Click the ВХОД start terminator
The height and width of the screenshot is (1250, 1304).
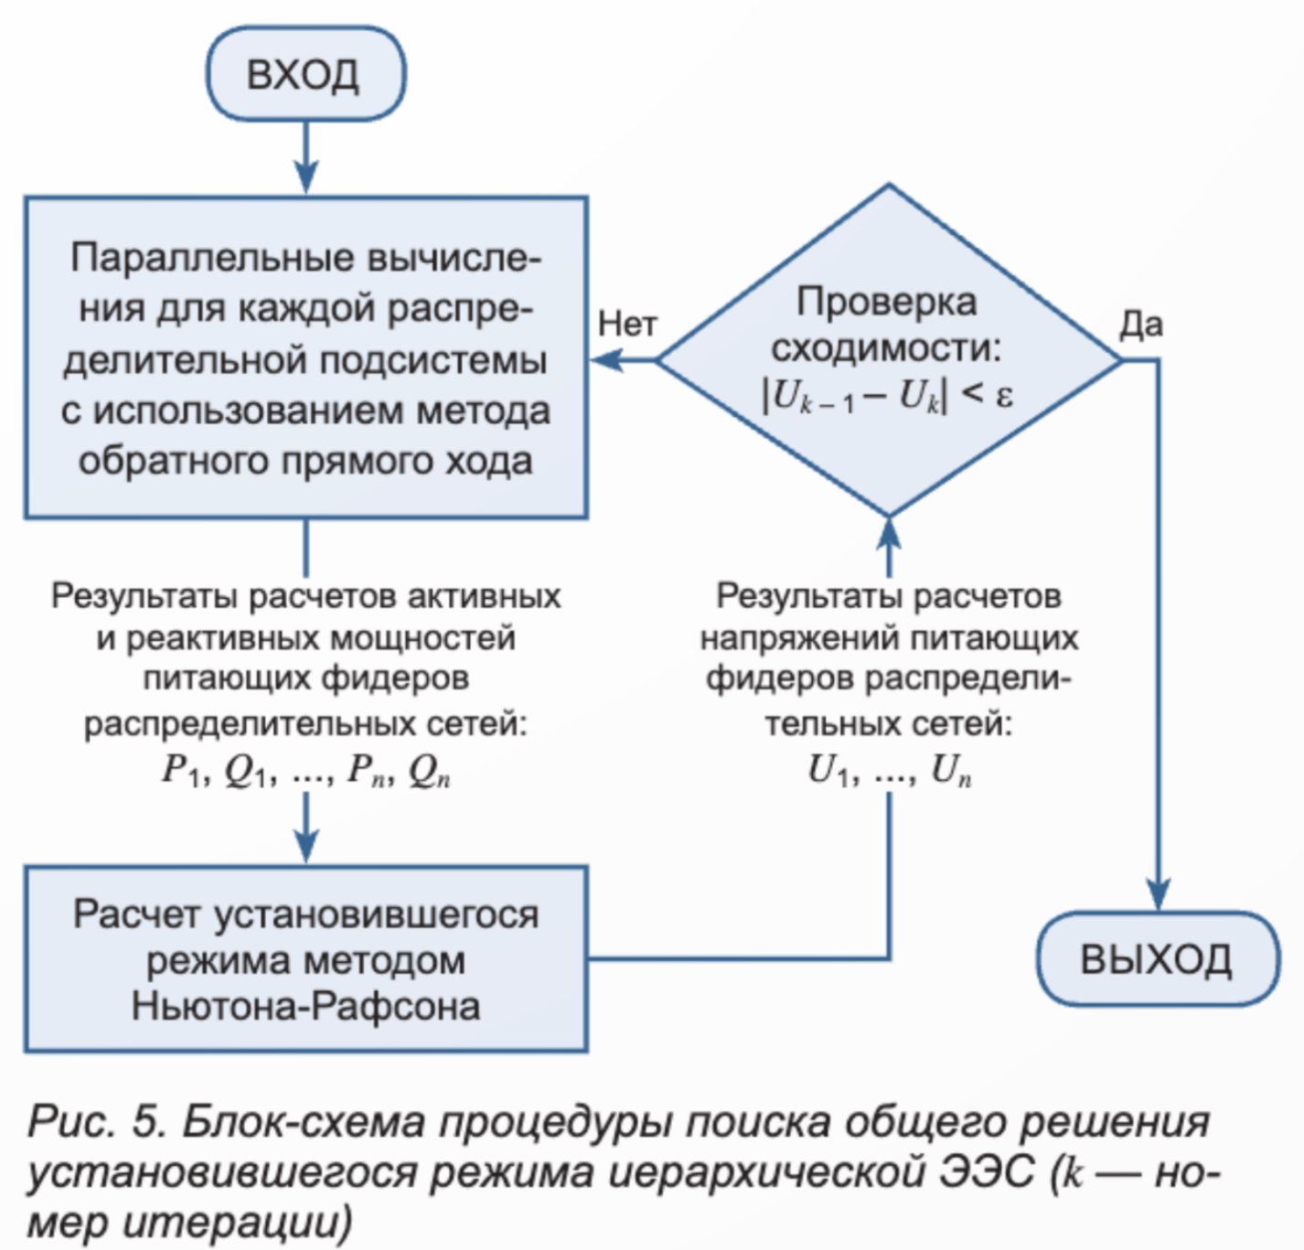[x=305, y=74]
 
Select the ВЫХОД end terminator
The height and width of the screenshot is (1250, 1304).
[x=1158, y=958]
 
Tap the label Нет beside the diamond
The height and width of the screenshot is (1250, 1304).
[x=627, y=325]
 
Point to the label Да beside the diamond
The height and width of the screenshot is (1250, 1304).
[x=1141, y=325]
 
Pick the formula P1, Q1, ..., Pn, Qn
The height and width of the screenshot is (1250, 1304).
[x=306, y=771]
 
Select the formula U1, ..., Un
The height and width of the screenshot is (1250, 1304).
[x=889, y=771]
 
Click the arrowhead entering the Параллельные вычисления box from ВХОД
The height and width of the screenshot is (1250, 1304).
[x=306, y=177]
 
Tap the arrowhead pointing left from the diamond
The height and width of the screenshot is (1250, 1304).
[x=608, y=360]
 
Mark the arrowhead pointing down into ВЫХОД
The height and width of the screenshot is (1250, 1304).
[x=1159, y=894]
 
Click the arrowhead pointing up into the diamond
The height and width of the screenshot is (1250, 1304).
[x=889, y=534]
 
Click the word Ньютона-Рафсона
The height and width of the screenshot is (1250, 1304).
[x=306, y=1006]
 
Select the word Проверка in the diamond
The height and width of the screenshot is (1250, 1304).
[x=886, y=303]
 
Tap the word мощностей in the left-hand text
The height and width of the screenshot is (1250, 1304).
[x=422, y=637]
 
